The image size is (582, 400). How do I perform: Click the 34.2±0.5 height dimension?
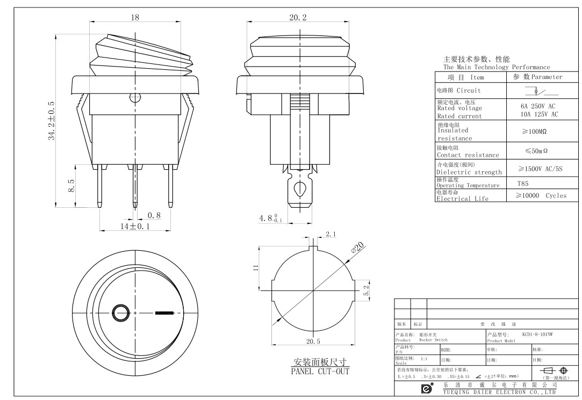(x=52, y=120)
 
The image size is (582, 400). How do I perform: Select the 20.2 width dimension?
(x=298, y=18)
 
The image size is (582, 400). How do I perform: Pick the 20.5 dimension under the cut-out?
(x=313, y=341)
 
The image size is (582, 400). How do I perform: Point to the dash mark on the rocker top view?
(x=164, y=312)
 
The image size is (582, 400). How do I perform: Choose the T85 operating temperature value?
(x=522, y=183)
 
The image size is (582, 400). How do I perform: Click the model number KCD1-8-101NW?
(x=537, y=334)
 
